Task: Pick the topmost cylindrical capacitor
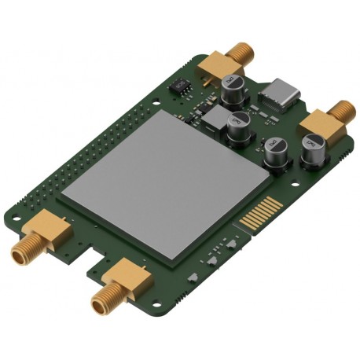point(234,88)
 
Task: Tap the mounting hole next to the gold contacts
point(295,189)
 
